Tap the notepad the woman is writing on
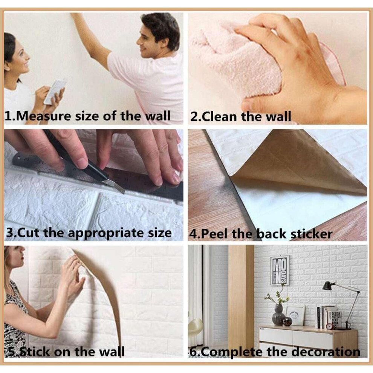(x=55, y=91)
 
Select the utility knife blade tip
(x=123, y=192)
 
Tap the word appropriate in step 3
(x=106, y=233)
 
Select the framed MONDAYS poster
(x=280, y=270)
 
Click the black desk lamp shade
(x=328, y=286)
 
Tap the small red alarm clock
(x=329, y=326)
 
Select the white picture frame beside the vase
(x=295, y=315)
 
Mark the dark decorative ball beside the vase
(x=287, y=321)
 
